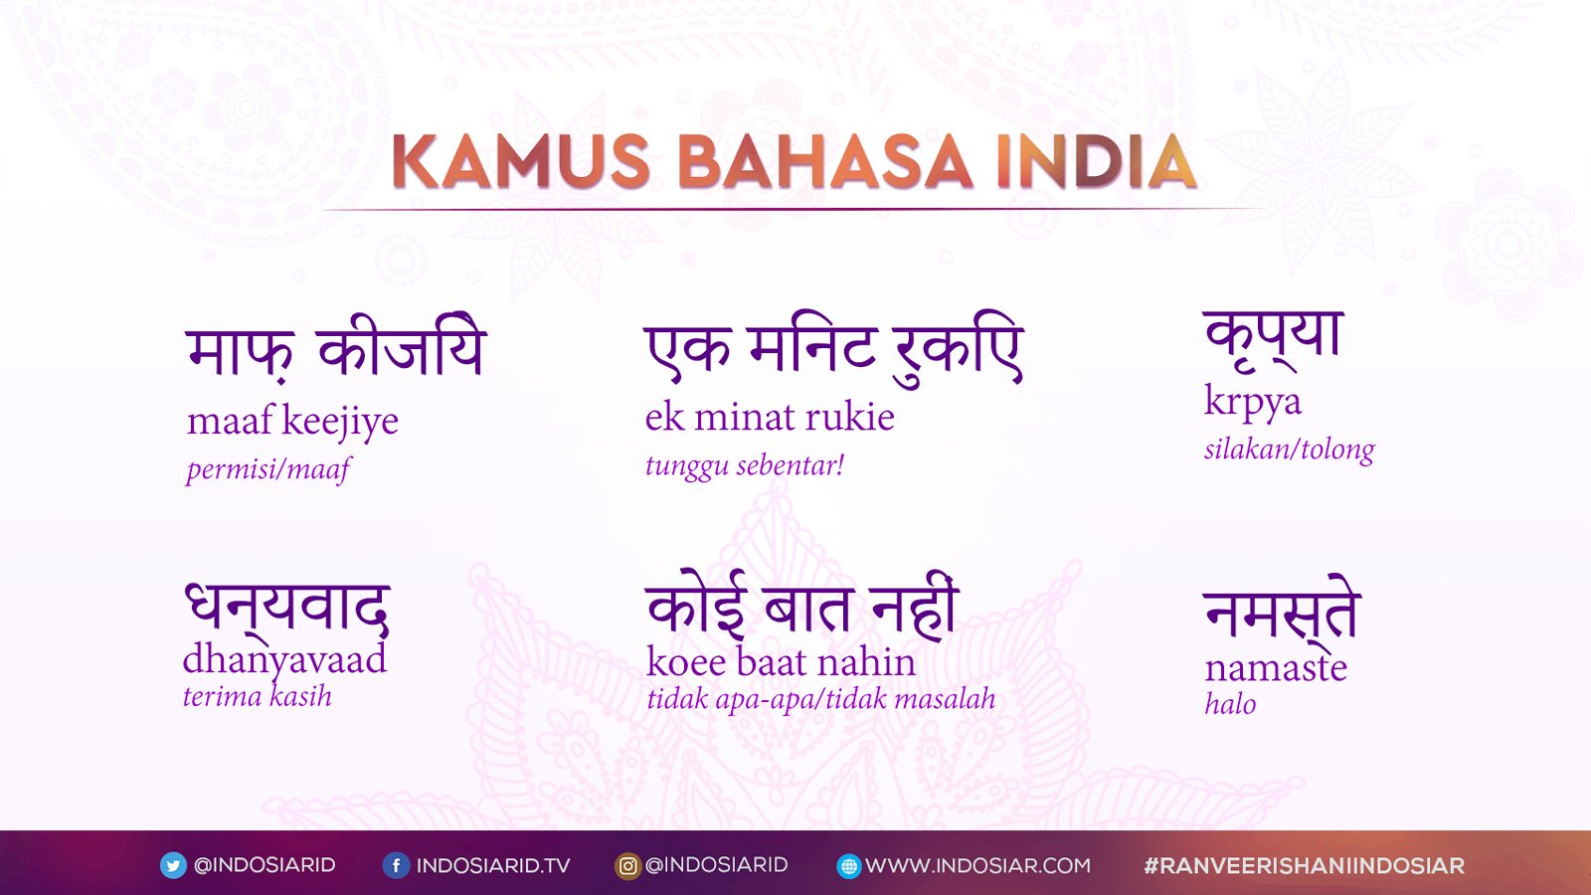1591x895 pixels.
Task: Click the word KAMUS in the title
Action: click(x=521, y=162)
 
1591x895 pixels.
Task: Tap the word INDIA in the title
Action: click(x=1096, y=162)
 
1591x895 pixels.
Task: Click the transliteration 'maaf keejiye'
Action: click(x=292, y=422)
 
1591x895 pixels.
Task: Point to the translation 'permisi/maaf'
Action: click(x=268, y=469)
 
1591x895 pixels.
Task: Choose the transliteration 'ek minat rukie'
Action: click(x=770, y=417)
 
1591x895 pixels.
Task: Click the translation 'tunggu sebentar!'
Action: click(x=745, y=466)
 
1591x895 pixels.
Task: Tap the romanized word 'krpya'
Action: click(x=1253, y=403)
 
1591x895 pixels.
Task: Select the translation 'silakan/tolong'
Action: click(x=1289, y=450)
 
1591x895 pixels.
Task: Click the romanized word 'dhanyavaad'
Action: click(x=284, y=661)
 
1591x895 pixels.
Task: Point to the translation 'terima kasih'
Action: click(x=258, y=696)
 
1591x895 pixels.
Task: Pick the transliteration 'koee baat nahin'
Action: click(x=781, y=662)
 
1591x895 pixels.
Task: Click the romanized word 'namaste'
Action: click(x=1276, y=667)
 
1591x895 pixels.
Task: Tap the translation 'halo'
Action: click(x=1230, y=704)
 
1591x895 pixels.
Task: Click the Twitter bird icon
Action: click(x=173, y=866)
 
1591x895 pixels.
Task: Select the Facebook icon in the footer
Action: click(x=396, y=866)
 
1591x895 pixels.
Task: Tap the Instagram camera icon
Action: click(x=627, y=866)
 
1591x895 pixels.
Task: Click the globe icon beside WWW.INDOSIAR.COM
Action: click(x=849, y=866)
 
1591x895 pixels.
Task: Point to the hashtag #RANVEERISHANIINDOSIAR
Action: click(x=1304, y=866)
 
